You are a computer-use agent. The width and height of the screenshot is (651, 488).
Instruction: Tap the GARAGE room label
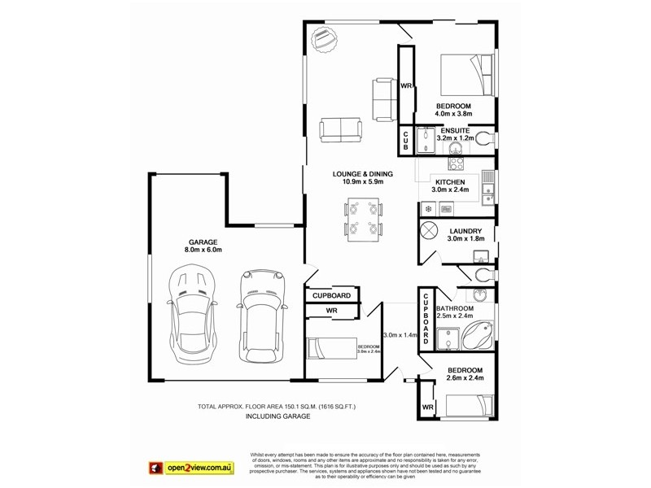203,242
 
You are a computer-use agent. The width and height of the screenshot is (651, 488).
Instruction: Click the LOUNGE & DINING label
362,174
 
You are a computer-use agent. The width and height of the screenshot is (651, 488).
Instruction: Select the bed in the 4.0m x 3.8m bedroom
468,75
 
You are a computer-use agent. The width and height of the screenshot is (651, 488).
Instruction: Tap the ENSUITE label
454,130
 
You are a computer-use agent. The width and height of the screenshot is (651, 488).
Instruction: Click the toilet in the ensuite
485,138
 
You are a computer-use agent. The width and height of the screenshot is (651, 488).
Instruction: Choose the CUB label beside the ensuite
405,141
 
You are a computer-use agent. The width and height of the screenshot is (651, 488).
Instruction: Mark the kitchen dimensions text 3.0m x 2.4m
450,190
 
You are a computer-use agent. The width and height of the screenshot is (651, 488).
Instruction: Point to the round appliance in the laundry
430,231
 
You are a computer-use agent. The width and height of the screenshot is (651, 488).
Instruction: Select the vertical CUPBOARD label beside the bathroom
424,317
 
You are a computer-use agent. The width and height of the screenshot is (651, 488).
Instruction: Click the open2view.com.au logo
190,468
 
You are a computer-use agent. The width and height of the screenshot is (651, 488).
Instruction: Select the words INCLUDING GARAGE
278,416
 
